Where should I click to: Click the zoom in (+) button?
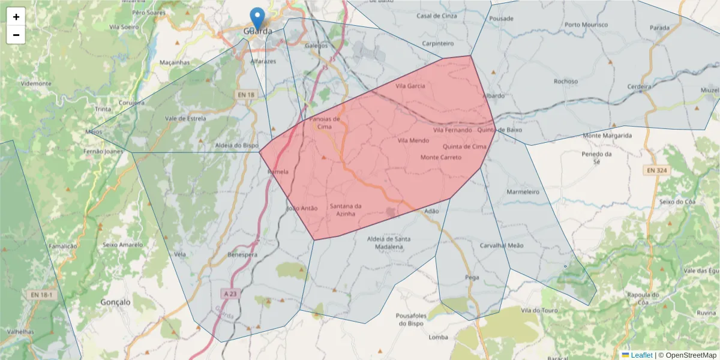click(16, 17)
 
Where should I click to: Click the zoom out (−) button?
click(16, 35)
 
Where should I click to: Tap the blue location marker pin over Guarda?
click(257, 18)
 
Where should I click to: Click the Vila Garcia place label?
click(410, 86)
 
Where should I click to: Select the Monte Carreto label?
click(441, 157)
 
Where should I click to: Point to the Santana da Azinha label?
click(346, 210)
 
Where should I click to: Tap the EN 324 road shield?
click(658, 171)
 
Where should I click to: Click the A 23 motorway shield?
click(230, 293)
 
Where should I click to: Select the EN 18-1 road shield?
click(42, 295)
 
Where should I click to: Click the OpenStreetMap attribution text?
click(687, 355)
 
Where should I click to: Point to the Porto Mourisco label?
click(586, 25)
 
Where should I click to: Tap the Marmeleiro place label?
click(523, 192)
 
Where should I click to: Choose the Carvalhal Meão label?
click(502, 245)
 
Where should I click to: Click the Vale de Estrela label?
click(185, 118)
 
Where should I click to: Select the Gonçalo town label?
click(116, 302)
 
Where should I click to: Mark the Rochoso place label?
click(566, 81)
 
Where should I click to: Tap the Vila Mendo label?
click(413, 140)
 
